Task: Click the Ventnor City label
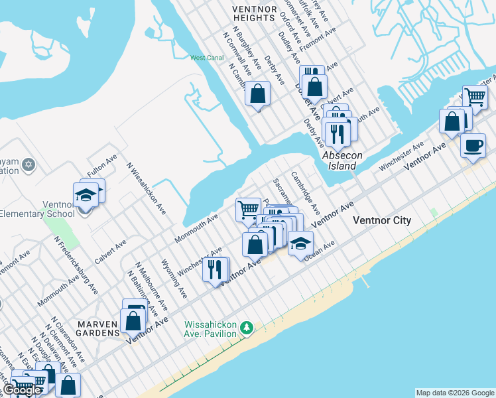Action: pyautogui.click(x=382, y=220)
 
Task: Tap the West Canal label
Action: pyautogui.click(x=207, y=58)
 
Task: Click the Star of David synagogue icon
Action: pyautogui.click(x=28, y=164)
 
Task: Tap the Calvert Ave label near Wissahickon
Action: pyautogui.click(x=110, y=252)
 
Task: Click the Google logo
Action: pyautogui.click(x=23, y=390)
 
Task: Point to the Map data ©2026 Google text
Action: pyautogui.click(x=454, y=393)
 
